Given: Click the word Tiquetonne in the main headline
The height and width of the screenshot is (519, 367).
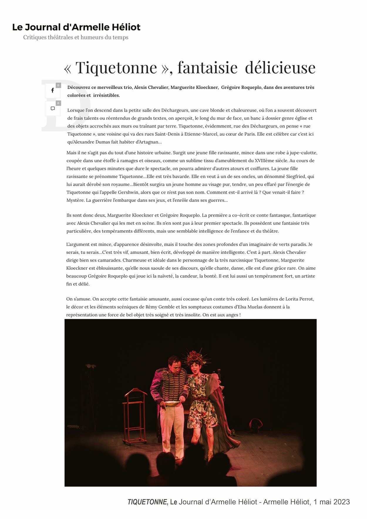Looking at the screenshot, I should [x=116, y=68].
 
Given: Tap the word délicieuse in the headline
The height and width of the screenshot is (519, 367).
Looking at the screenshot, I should [x=280, y=68].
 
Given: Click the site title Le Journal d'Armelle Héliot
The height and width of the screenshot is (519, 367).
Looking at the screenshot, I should [x=76, y=27].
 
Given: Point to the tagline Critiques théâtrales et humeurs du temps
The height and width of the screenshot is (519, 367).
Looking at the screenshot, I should [x=76, y=37].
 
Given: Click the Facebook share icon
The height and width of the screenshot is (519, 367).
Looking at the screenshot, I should [x=53, y=90].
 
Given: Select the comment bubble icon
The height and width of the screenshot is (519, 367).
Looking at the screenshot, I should [x=53, y=109].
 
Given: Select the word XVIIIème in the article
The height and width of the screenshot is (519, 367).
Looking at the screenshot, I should [x=262, y=161].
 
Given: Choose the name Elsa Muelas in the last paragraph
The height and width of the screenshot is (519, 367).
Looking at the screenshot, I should [x=247, y=307].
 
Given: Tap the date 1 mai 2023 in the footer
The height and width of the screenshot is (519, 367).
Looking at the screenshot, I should [x=331, y=502].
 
